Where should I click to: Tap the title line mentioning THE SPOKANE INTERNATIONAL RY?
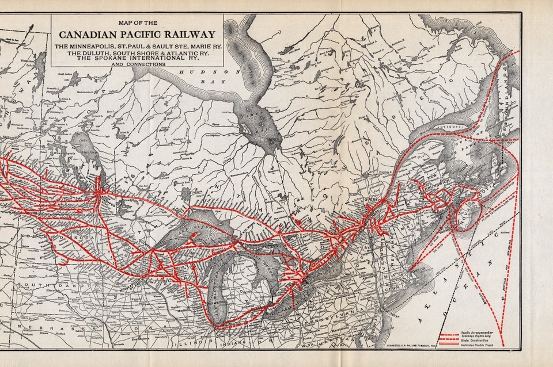tap(132, 58)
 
